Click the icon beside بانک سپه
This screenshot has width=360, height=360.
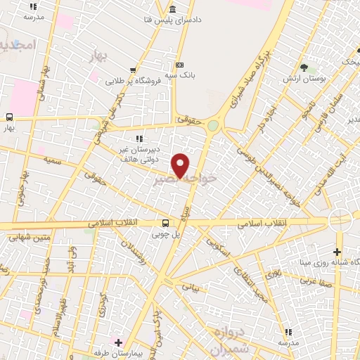(179, 64)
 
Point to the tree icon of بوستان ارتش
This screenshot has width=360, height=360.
(304, 67)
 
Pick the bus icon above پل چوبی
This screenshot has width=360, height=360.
(165, 223)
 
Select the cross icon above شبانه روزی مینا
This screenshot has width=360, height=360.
(337, 252)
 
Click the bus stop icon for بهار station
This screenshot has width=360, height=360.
(9, 117)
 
